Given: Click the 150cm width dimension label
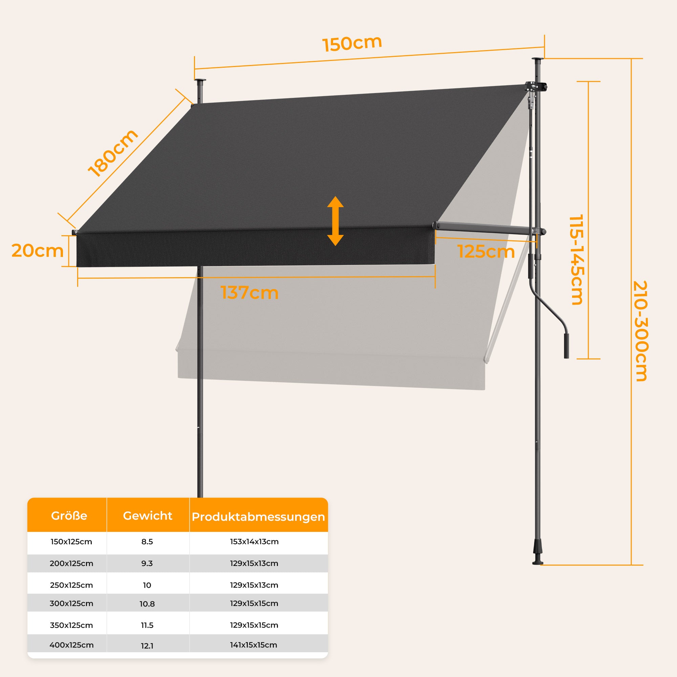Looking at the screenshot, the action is [x=352, y=43].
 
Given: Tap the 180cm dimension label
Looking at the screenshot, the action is [x=113, y=153].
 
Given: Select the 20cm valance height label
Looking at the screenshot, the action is [x=38, y=251].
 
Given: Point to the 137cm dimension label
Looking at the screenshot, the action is [x=249, y=292].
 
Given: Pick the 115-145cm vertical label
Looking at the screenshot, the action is [x=576, y=260].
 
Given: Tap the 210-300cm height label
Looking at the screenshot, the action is [x=641, y=331].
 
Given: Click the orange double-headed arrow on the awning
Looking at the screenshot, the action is [x=335, y=221].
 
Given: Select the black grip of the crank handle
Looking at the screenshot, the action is [x=566, y=346].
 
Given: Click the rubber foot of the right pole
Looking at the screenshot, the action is [x=538, y=556].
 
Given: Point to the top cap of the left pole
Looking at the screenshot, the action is [x=200, y=81].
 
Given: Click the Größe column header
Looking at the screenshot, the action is [x=69, y=516].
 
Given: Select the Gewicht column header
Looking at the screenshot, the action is [x=148, y=516].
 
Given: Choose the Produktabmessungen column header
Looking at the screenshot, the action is [x=258, y=517].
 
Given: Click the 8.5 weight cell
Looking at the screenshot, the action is [x=147, y=542].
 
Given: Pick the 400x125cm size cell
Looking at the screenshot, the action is [x=71, y=645].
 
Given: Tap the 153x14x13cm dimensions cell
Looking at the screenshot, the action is [x=255, y=542].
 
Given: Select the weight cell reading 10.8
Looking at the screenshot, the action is [x=147, y=604].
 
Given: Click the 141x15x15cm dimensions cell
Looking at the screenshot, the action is [x=254, y=645].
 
